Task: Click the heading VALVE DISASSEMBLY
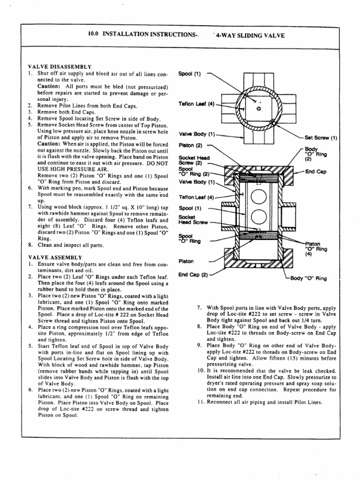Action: click(x=60, y=67)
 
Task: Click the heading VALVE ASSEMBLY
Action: click(x=55, y=257)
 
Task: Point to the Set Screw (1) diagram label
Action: click(x=321, y=138)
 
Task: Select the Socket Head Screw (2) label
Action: click(x=190, y=160)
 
